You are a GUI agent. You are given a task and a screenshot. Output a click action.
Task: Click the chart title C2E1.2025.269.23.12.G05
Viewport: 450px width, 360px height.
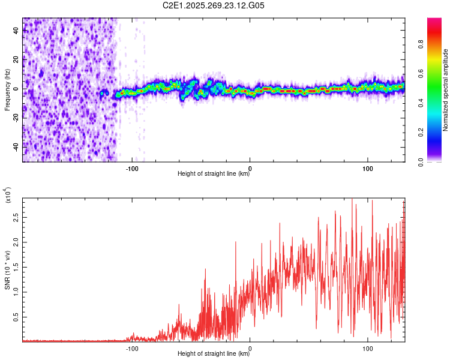click(x=214, y=6)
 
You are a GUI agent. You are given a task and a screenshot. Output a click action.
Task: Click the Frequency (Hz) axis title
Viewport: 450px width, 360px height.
click(x=7, y=90)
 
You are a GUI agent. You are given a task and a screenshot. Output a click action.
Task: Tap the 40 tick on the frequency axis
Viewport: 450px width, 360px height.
click(x=16, y=31)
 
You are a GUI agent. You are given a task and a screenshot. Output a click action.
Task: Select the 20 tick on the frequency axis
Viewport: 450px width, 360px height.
click(x=16, y=60)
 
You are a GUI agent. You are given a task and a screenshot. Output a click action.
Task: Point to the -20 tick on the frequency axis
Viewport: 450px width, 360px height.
click(x=15, y=118)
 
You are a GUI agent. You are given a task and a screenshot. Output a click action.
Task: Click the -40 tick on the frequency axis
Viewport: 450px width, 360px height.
click(x=15, y=146)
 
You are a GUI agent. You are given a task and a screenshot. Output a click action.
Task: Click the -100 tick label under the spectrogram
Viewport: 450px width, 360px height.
click(x=132, y=167)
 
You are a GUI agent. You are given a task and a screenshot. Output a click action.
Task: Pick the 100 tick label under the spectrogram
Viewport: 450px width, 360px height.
click(x=368, y=167)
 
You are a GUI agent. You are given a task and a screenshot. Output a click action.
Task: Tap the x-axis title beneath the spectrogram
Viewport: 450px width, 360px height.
click(x=214, y=174)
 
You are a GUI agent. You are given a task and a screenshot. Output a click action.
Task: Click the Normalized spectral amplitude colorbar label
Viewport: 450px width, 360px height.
click(x=446, y=90)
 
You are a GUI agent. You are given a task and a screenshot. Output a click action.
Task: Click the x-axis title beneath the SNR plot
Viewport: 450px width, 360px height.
click(x=214, y=354)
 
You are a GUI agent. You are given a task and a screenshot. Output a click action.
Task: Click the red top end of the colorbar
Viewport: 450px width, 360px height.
click(x=434, y=21)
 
